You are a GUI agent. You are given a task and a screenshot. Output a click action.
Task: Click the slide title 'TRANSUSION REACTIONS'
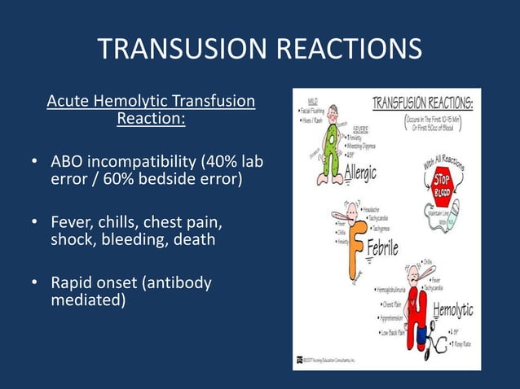click(259, 50)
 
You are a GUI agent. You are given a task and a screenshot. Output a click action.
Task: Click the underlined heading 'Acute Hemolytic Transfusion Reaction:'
click(151, 111)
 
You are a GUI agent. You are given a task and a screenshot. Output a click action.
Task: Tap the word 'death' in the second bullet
click(195, 239)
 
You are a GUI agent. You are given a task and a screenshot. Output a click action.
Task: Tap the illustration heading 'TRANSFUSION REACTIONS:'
click(423, 103)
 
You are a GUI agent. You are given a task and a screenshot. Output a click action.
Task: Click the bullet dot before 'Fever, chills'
click(35, 222)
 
